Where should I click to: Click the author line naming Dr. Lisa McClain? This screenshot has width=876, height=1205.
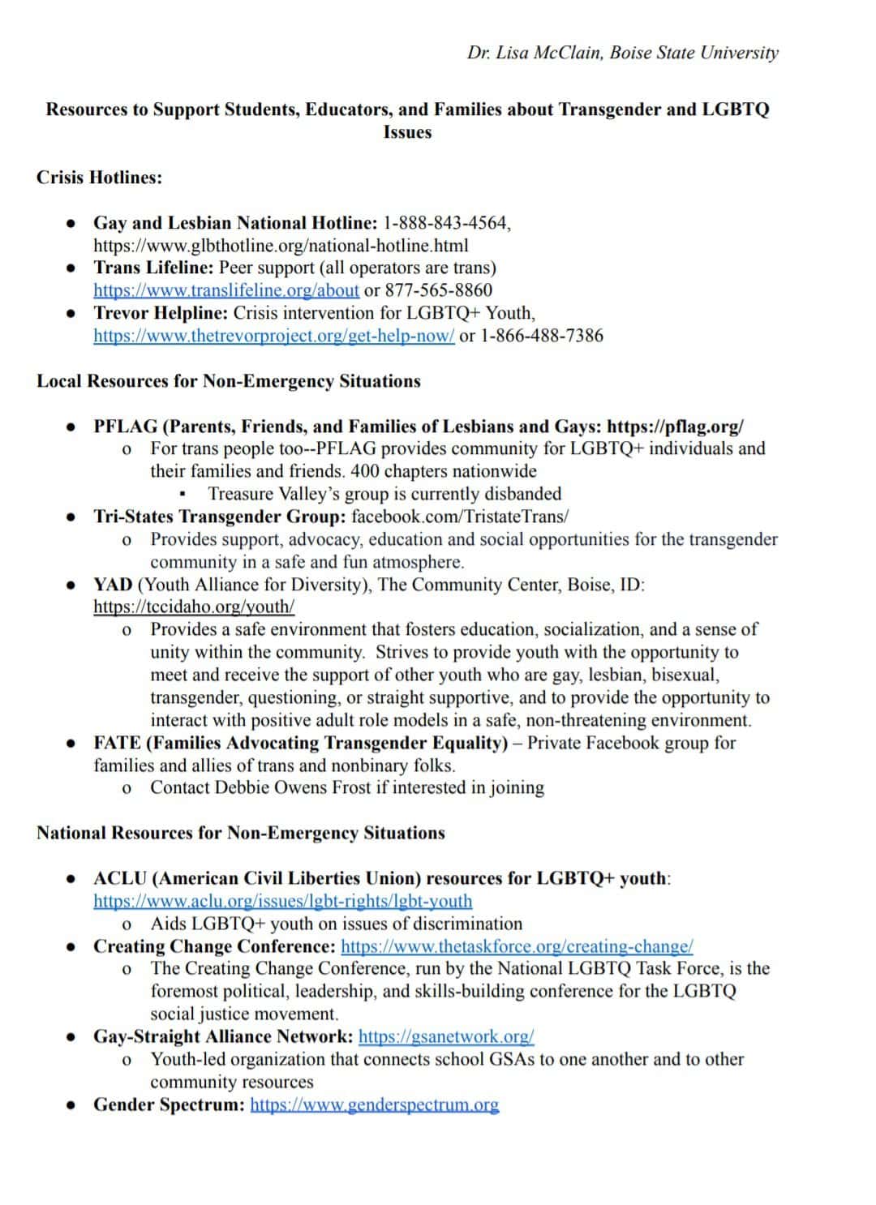point(622,53)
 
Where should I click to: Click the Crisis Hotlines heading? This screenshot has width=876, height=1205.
point(99,178)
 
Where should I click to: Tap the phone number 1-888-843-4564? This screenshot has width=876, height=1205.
point(446,223)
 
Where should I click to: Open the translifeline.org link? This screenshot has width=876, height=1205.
point(226,290)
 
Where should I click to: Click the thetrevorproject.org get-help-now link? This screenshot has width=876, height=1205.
point(273,336)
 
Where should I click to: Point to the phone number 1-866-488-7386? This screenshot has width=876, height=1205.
point(542,336)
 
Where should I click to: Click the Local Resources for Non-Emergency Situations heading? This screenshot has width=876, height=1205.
point(228,381)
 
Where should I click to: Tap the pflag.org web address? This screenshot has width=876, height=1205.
point(675,427)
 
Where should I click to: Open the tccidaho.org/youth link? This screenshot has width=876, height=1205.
point(194,607)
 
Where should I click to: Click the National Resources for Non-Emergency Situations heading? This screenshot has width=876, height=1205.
point(240,833)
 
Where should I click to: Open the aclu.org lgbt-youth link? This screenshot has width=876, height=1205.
point(282,901)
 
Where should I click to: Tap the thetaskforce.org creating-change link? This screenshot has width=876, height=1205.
point(517,946)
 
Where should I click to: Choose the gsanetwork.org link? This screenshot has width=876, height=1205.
point(446,1036)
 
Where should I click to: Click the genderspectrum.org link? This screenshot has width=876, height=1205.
point(375,1104)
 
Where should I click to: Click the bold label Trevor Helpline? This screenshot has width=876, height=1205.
point(161,313)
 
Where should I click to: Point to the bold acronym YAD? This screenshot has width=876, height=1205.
point(113,585)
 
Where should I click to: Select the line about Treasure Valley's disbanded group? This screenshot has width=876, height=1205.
point(384,494)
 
